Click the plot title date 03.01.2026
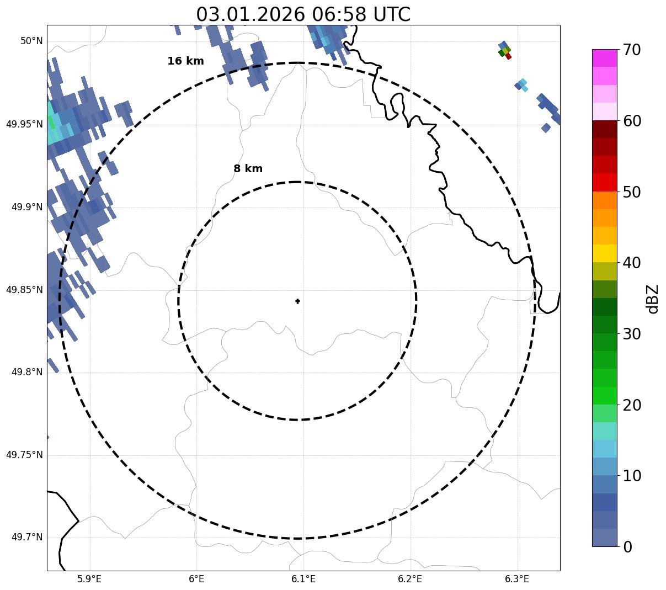click(x=250, y=14)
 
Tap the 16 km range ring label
click(x=185, y=61)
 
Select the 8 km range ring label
click(x=248, y=169)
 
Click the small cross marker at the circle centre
click(x=298, y=301)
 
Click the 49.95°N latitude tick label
click(x=24, y=124)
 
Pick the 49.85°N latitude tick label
click(x=24, y=290)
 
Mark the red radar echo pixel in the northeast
click(x=508, y=56)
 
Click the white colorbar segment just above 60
click(x=604, y=111)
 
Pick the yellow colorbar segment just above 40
click(x=604, y=253)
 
